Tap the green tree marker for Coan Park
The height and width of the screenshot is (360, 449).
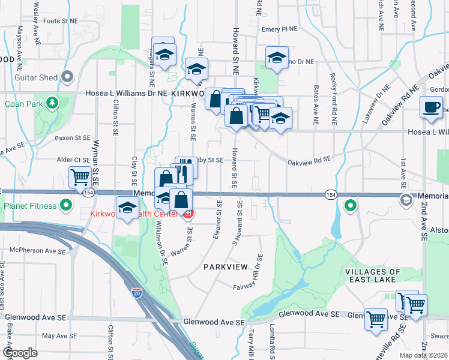pos(53,103)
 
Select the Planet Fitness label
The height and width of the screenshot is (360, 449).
pos(30,206)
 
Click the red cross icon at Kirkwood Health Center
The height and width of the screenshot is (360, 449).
pos(188,214)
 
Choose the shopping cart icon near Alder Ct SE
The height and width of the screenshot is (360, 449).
pos(80,178)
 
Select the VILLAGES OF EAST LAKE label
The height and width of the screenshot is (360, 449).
pos(370,275)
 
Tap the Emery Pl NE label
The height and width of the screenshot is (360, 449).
pos(279,29)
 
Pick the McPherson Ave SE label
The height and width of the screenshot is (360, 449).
pos(31,250)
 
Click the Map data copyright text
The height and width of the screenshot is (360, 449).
pos(424,355)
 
